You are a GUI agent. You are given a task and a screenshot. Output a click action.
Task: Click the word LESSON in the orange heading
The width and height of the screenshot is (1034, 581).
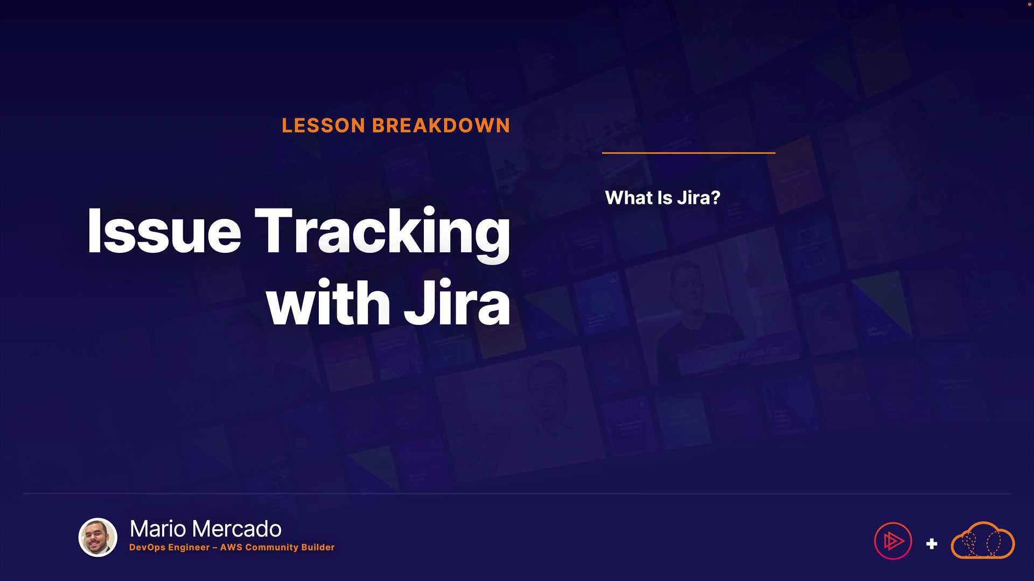click(x=324, y=125)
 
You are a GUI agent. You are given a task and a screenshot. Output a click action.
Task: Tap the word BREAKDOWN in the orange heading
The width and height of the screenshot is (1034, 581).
click(x=441, y=125)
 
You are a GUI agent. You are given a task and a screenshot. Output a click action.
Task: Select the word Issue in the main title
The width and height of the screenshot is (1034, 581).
click(x=164, y=231)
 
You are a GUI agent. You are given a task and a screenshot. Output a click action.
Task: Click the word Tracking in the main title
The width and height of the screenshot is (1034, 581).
click(x=382, y=235)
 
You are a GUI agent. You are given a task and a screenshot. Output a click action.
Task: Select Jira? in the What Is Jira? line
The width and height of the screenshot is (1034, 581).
click(x=698, y=197)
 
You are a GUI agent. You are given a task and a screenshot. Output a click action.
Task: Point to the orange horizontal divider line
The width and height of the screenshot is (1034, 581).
click(x=689, y=153)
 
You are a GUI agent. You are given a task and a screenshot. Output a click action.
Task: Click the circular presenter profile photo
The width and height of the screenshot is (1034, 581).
click(x=98, y=537)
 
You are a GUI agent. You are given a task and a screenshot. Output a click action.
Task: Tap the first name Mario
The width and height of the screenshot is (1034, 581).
click(x=158, y=529)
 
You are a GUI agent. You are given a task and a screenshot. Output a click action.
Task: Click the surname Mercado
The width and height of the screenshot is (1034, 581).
click(x=236, y=529)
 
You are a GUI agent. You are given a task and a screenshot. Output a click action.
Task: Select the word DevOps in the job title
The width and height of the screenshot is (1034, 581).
click(x=148, y=548)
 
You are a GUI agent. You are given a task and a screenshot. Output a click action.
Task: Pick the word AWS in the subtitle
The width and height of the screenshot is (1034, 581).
click(x=231, y=547)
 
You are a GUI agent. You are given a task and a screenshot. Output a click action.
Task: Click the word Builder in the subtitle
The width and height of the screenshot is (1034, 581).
click(x=318, y=547)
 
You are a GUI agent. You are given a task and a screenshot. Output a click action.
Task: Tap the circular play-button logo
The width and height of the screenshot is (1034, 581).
click(x=893, y=541)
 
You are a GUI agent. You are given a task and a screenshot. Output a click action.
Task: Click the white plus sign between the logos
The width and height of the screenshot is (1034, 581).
click(x=932, y=544)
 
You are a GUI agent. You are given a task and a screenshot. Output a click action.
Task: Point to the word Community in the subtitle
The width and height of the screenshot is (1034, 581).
click(x=271, y=548)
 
